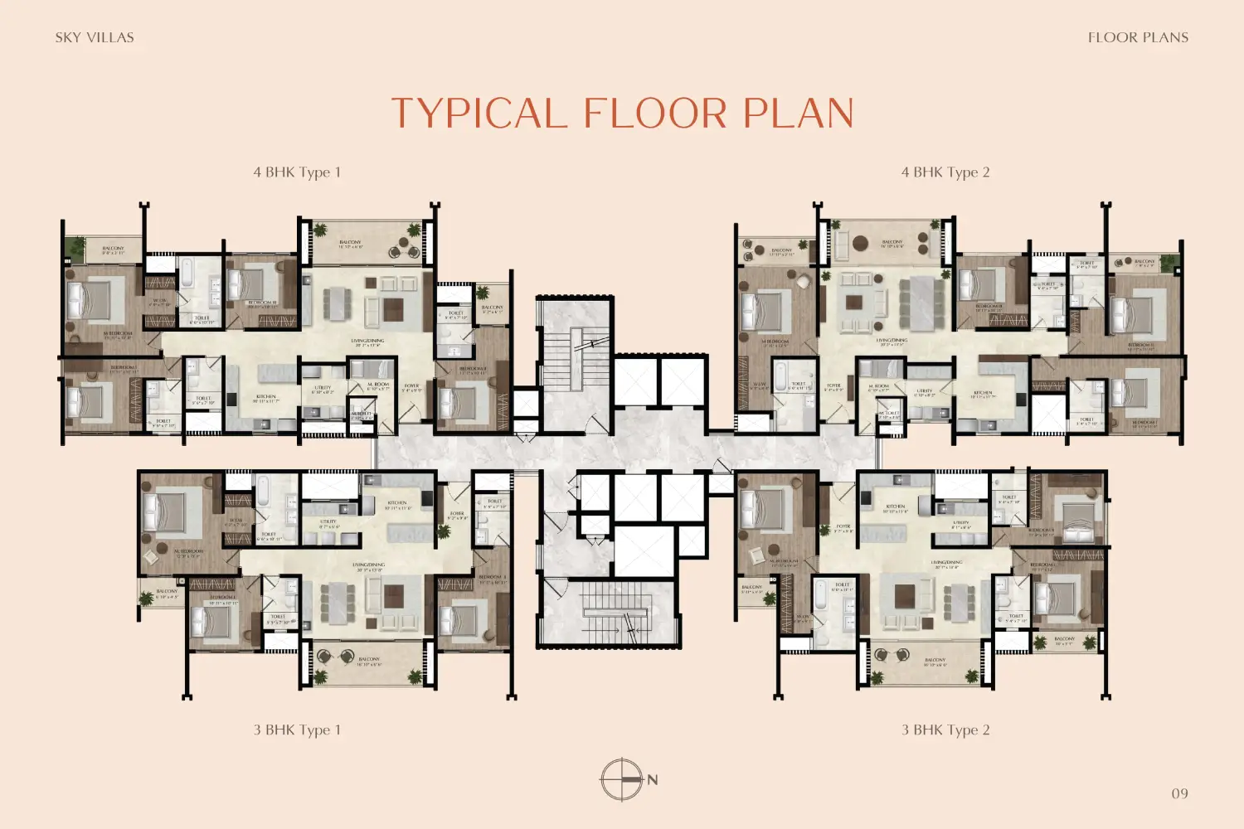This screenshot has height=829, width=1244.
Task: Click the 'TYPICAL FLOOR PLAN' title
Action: point(622,114)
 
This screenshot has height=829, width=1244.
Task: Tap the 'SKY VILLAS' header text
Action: point(95,37)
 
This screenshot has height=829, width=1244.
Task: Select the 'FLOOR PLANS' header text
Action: point(1138,37)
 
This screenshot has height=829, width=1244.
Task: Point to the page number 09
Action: point(1179,793)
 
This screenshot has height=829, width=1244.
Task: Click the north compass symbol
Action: point(622,779)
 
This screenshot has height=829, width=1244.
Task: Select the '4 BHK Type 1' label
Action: point(297,172)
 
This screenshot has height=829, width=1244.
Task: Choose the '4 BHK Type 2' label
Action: point(945,172)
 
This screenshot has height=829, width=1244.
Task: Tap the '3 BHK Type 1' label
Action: point(297,730)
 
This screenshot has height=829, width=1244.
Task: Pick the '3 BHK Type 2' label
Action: point(945,730)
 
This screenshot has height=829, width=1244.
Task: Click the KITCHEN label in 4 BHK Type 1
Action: point(266,398)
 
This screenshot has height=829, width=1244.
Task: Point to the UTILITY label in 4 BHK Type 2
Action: point(925,392)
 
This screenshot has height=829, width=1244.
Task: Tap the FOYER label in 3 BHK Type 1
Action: point(457,515)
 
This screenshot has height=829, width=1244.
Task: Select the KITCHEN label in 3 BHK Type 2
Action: point(896,507)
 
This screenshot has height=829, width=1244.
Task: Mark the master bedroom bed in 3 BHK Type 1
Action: point(172,506)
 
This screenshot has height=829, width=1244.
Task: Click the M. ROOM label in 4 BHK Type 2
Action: point(878,387)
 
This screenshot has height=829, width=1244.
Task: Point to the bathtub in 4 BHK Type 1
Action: point(187,274)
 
